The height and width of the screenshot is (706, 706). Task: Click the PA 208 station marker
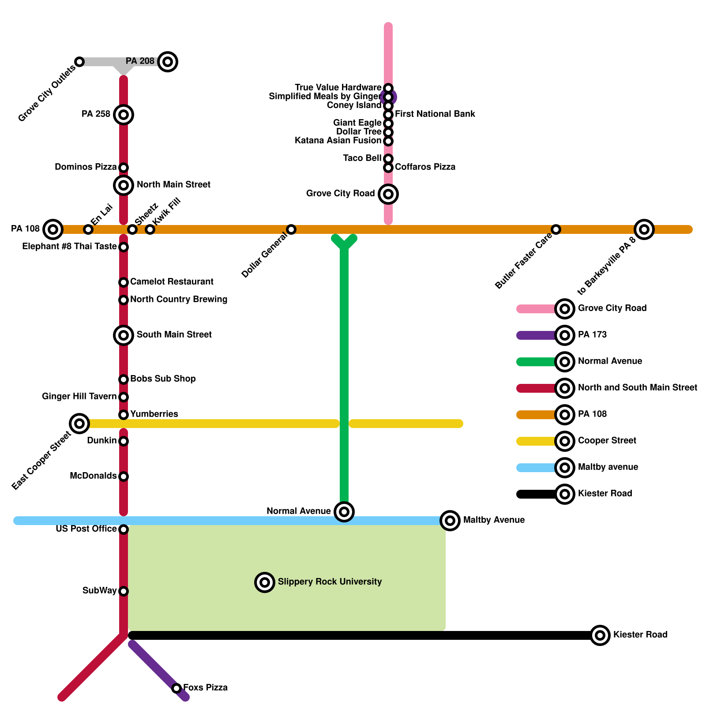pos(168,61)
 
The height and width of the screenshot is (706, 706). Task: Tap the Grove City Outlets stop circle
pos(79,61)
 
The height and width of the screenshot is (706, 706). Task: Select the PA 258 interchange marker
pos(124,115)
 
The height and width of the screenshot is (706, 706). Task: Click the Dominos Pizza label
pos(86,167)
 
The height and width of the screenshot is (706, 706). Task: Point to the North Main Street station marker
pos(124,185)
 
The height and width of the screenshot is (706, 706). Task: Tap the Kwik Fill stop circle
pos(150,229)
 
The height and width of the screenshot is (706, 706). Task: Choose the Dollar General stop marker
pos(291,229)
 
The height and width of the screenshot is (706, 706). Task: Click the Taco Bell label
pos(362,158)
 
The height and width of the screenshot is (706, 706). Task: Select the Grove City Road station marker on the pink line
pos(388,194)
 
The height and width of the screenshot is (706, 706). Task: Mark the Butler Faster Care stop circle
pos(556,229)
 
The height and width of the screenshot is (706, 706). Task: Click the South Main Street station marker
pos(124,335)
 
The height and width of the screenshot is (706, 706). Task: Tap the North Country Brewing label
pos(179,300)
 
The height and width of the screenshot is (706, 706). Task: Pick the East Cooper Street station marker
pos(79,424)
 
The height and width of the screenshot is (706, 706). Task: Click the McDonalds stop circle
pos(124,477)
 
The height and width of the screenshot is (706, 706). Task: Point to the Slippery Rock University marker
pos(265,582)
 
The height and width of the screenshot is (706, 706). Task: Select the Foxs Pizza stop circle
pos(176,688)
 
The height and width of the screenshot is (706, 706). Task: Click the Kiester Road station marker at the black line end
pos(600,635)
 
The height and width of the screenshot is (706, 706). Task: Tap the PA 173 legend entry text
pos(592,335)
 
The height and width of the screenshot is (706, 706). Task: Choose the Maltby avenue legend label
pos(608,467)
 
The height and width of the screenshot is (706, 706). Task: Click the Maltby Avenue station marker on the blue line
pos(450,521)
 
